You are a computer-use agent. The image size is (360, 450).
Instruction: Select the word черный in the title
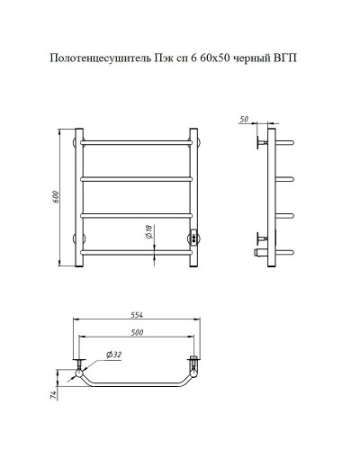click(253, 59)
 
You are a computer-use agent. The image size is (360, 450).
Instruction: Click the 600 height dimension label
click(58, 199)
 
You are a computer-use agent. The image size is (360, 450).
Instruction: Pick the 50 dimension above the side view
click(245, 119)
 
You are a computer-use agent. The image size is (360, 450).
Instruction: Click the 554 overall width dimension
click(139, 315)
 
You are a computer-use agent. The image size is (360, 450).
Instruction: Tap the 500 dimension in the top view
click(139, 332)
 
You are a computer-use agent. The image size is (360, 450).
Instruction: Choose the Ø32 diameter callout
click(114, 355)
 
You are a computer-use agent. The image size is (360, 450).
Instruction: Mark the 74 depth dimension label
click(55, 393)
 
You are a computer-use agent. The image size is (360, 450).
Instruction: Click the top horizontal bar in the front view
click(139, 143)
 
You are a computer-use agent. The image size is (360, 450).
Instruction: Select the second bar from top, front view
click(139, 178)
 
